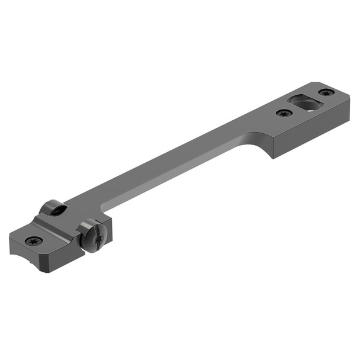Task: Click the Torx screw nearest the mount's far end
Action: coord(326,92)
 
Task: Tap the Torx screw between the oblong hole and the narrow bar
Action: coord(284,112)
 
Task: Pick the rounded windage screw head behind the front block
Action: coord(53,208)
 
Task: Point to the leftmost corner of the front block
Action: coord(10,243)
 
